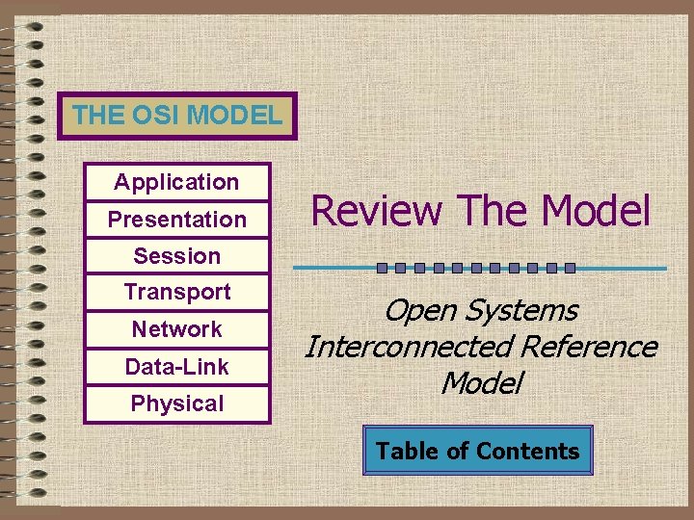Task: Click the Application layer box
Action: [x=176, y=182]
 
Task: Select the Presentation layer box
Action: [x=176, y=220]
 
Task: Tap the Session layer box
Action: [x=176, y=256]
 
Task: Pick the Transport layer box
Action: [x=176, y=292]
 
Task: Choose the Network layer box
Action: [x=176, y=329]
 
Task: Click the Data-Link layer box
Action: [x=176, y=367]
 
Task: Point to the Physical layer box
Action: [x=176, y=404]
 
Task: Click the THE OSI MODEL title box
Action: [x=176, y=117]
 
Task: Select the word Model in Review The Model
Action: [x=595, y=211]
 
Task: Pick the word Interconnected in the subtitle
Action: [x=409, y=347]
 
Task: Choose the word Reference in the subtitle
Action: [x=588, y=347]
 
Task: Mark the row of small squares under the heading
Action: [x=476, y=268]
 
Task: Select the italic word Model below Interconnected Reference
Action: [x=481, y=383]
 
